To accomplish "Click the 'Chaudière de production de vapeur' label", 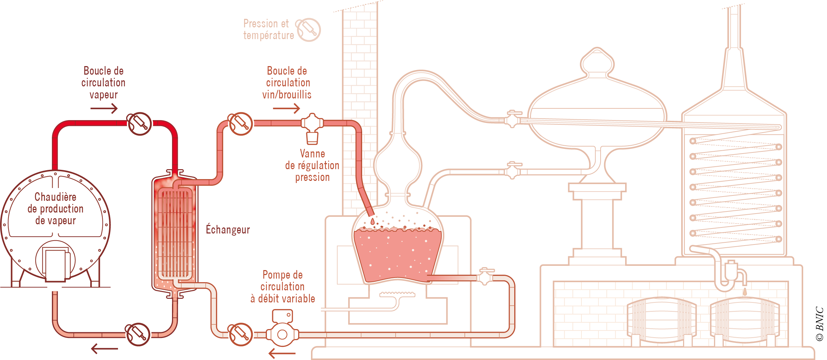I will [x=55, y=209].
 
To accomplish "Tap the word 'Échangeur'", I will [x=228, y=230].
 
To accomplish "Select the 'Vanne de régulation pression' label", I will [x=312, y=166].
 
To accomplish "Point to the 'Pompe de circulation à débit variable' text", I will [x=283, y=286].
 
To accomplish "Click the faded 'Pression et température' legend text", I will [x=268, y=29].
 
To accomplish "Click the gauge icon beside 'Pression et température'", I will [x=308, y=30].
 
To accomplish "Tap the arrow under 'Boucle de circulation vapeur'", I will [x=104, y=108].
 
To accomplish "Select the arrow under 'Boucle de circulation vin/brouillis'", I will [x=286, y=108].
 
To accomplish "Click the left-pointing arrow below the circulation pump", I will [x=282, y=353].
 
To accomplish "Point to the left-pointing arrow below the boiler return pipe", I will [x=104, y=349].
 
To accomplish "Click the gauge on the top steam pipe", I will [x=139, y=124].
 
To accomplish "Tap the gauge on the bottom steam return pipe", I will [x=138, y=334].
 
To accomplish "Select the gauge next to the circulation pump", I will [x=241, y=334].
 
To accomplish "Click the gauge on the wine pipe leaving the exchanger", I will [x=241, y=124].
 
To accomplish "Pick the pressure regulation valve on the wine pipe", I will [x=312, y=128].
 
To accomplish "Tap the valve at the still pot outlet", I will [x=485, y=276].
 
